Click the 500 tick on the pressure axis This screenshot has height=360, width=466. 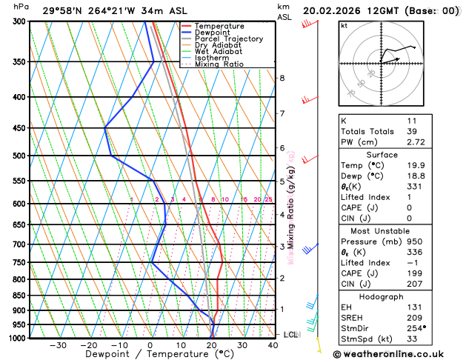pos(17,156)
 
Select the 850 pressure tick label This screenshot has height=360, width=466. pos(17,296)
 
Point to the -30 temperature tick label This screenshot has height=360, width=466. pos(57,345)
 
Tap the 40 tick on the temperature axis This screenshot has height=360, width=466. pos(273,345)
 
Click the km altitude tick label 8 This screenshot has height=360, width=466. pos(282,78)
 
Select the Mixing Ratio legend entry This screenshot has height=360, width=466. pos(219,64)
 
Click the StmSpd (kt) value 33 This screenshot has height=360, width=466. pos(412,338)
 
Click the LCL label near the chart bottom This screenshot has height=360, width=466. pos(291,335)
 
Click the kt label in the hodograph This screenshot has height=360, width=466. pos(343,25)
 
